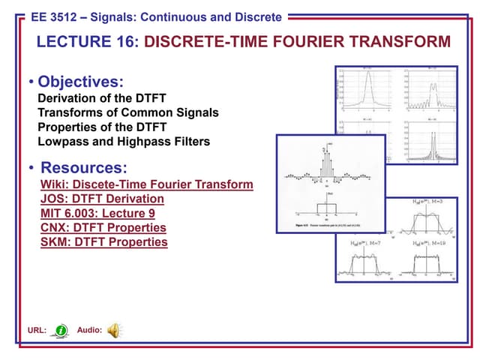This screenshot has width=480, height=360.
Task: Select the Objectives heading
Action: pyautogui.click(x=80, y=81)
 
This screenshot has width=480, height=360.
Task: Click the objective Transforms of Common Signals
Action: pyautogui.click(x=127, y=112)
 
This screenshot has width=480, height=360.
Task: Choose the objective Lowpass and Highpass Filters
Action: pyautogui.click(x=124, y=141)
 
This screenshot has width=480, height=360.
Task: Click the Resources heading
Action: pyautogui.click(x=83, y=166)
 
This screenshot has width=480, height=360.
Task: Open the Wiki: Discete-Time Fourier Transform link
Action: pyautogui.click(x=146, y=184)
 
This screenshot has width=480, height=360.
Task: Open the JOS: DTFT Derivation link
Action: pyautogui.click(x=101, y=199)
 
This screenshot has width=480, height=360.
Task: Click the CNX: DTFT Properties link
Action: pyautogui.click(x=103, y=227)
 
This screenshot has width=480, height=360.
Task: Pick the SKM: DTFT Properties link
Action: pyautogui.click(x=103, y=241)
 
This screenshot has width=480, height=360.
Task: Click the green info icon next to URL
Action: pyautogui.click(x=61, y=331)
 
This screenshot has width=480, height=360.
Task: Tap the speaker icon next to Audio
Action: pyautogui.click(x=114, y=330)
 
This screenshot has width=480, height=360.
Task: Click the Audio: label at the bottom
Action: pyautogui.click(x=89, y=331)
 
